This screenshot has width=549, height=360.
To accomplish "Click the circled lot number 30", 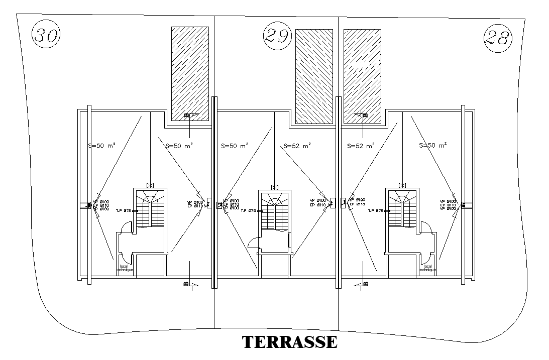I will coord(46,36).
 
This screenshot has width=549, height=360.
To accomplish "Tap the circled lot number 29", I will coord(277,36).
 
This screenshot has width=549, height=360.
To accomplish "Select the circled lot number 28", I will coord(498,38).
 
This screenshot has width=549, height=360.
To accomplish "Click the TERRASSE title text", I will coord(290,341).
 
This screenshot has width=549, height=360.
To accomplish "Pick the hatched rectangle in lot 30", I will coord(190,73).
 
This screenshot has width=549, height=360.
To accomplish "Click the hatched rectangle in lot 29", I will coord(314,76).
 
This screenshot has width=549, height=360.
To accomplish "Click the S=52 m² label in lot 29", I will coord(297,146).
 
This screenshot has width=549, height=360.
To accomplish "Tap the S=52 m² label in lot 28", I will coord(361,146).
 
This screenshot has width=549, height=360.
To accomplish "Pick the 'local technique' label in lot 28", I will coord(427,268).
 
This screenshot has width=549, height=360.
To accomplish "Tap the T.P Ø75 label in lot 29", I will coord(249,211).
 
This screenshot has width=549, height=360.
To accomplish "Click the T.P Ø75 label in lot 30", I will coord(123,211).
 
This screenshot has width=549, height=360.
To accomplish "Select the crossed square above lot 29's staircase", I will coord(275,186).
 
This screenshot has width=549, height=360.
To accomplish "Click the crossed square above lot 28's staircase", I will coord(401,185).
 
